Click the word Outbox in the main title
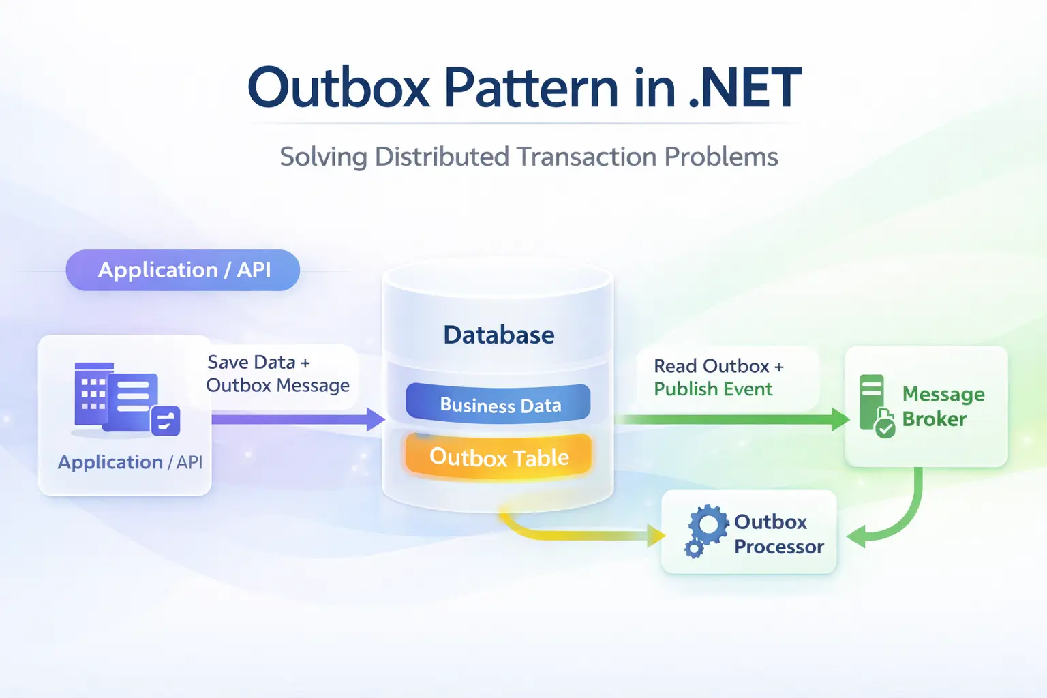(339, 88)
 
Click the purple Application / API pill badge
(183, 271)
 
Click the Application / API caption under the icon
(130, 462)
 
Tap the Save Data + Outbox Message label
(277, 374)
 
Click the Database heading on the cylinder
(498, 335)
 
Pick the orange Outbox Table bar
(498, 457)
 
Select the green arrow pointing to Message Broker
(729, 419)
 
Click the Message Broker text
(943, 406)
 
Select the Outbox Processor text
(778, 534)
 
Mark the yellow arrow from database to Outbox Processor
(579, 534)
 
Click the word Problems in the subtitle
(721, 157)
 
